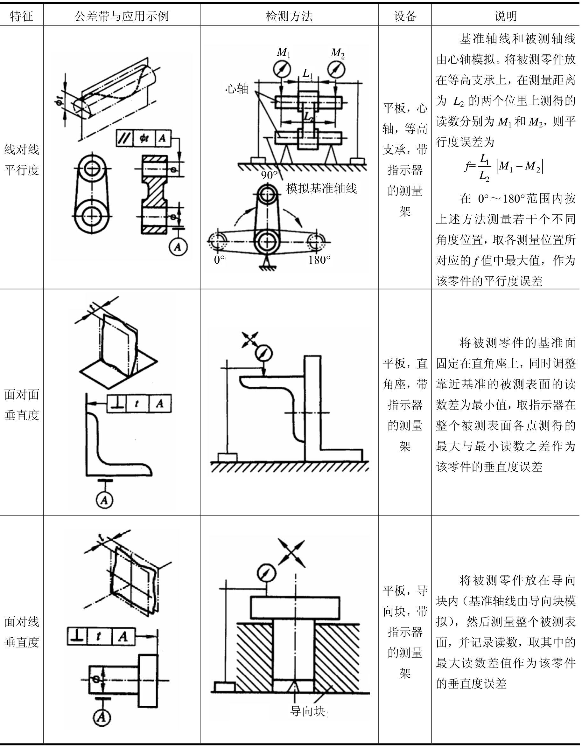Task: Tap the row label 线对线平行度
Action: pos(22,159)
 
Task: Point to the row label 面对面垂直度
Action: pos(22,405)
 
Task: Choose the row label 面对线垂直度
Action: pos(22,632)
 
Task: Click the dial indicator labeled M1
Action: pos(282,69)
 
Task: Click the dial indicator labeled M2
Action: pos(336,69)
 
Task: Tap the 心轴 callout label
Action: pos(236,89)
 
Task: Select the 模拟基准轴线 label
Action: pos(322,189)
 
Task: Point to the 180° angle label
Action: pos(319,260)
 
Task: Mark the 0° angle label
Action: pos(219,260)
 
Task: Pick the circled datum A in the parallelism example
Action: pos(178,246)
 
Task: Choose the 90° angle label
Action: pos(269,175)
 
